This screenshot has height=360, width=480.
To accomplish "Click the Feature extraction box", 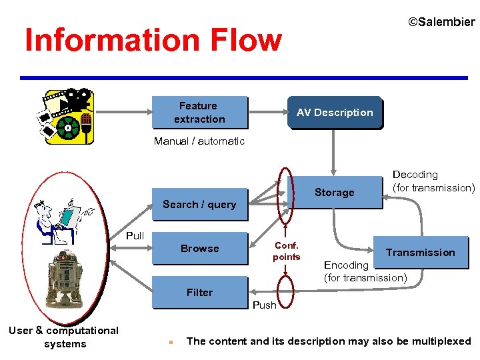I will pyautogui.click(x=199, y=112).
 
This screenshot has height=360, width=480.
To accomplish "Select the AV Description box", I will pyautogui.click(x=335, y=112).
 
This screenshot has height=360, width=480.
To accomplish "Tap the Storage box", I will pyautogui.click(x=334, y=193).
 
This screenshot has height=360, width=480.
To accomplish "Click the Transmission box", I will pyautogui.click(x=420, y=252).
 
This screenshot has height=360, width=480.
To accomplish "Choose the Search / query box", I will pyautogui.click(x=199, y=205).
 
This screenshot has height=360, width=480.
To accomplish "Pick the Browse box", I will pyautogui.click(x=199, y=249).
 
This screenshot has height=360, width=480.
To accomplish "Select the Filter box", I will pyautogui.click(x=199, y=292).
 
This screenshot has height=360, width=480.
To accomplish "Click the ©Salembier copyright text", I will pyautogui.click(x=441, y=22).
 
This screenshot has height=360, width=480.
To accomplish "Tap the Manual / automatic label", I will pyautogui.click(x=199, y=141).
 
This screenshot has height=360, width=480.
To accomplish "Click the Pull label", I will pyautogui.click(x=135, y=236).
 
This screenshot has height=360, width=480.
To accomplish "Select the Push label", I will pyautogui.click(x=265, y=305).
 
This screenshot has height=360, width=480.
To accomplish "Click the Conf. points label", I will pyautogui.click(x=287, y=251).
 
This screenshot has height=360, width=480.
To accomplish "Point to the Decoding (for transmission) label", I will pyautogui.click(x=433, y=181).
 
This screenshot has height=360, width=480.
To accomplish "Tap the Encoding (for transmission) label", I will pyautogui.click(x=365, y=271).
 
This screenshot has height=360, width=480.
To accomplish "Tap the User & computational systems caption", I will pyautogui.click(x=64, y=337).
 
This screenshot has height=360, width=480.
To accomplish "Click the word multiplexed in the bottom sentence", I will pyautogui.click(x=439, y=341).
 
